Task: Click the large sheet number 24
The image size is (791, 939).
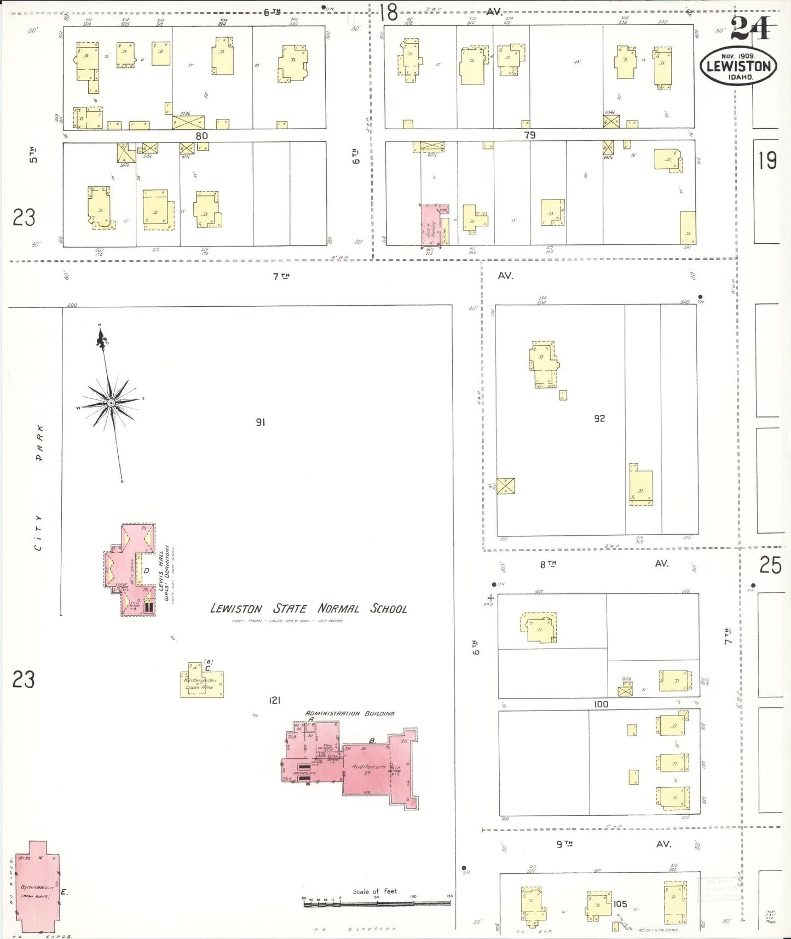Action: point(749,29)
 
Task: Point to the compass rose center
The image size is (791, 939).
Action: point(111,403)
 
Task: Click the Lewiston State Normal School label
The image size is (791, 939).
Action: point(309,609)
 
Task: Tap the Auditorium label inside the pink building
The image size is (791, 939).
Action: point(368,766)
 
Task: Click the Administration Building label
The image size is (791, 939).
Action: point(350,713)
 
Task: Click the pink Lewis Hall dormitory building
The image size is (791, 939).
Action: point(130,570)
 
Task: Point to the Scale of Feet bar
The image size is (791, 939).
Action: point(377,902)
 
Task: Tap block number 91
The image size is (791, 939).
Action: point(261,422)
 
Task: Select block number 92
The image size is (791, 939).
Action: point(599,419)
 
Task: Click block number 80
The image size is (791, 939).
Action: point(201,136)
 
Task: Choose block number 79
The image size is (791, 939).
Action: point(529,135)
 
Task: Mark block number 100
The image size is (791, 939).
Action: point(601,704)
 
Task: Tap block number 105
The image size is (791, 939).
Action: point(620,904)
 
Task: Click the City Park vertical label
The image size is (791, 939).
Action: point(38,487)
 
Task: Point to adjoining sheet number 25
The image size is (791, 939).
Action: point(770,565)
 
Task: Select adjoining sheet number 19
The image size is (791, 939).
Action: point(767,161)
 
